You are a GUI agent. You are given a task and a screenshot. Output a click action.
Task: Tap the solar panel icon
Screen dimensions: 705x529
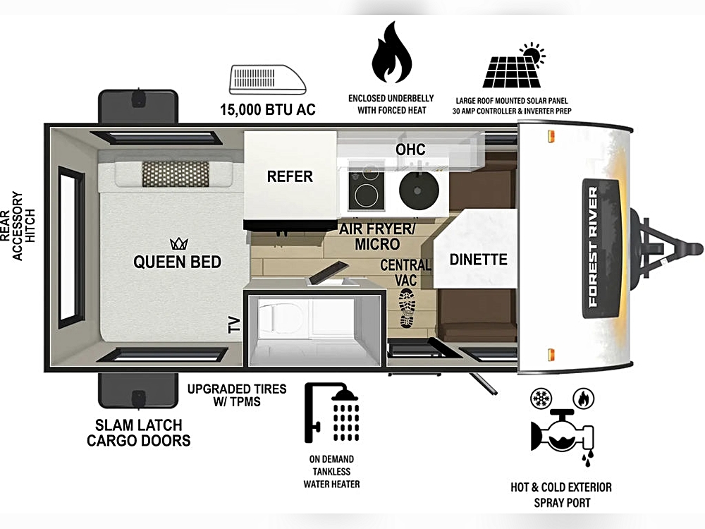513,66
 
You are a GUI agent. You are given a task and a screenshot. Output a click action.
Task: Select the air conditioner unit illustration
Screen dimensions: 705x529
267,80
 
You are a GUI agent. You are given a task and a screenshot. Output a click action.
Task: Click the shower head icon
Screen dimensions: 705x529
332,412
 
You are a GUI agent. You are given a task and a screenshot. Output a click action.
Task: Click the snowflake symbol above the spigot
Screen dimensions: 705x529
541,399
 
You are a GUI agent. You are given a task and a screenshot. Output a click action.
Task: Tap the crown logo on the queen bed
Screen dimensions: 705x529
179,244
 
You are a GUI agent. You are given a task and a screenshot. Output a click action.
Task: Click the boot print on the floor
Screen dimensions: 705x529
407,308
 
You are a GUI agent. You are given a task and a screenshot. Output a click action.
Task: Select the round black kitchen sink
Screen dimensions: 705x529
419,190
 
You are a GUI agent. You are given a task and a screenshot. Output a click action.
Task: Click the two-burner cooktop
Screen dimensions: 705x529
367,190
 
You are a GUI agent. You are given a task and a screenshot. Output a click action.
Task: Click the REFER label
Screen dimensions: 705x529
290,176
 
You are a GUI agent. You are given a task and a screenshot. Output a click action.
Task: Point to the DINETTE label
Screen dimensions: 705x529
479,260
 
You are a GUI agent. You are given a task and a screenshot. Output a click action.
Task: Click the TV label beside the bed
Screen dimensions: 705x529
234,324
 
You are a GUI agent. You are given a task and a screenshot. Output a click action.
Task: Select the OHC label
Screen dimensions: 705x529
410,150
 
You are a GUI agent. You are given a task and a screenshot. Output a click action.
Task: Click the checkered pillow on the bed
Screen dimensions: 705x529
176,174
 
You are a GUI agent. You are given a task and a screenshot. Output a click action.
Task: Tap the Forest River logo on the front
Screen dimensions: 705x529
594,248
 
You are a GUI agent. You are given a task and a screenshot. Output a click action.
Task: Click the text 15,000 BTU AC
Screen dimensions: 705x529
267,109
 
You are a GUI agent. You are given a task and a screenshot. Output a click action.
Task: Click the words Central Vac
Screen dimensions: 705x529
405,272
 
